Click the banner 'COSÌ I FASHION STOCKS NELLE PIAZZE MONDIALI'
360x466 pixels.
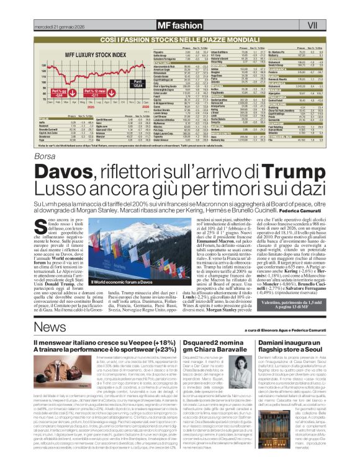click(x=180, y=38)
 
